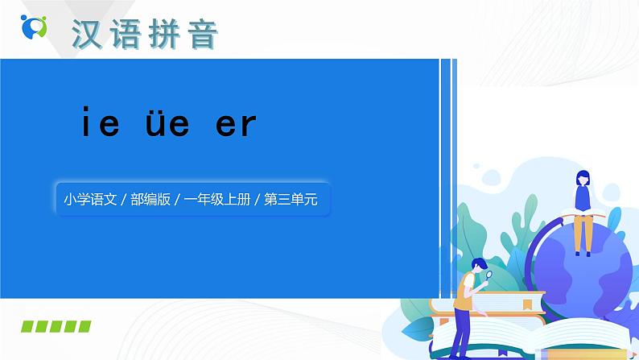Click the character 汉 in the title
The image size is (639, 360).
[90, 34]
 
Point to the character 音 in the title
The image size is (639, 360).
[204, 34]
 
